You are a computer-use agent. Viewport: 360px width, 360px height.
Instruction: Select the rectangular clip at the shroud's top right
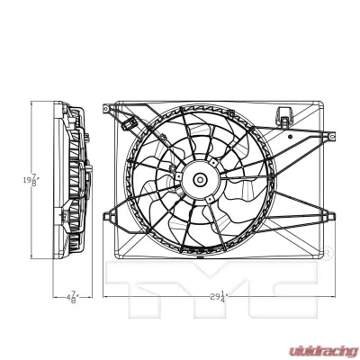(x=286, y=115)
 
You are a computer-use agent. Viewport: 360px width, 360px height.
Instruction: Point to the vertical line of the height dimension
(x=32, y=135)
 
